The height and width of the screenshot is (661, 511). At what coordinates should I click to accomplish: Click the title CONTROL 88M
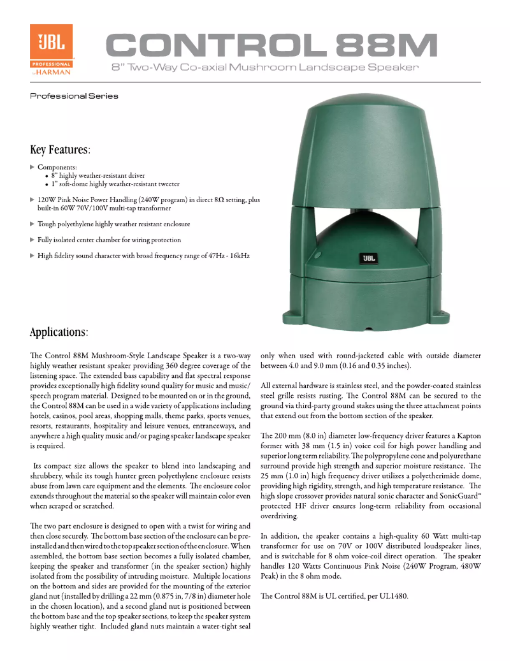(x=271, y=45)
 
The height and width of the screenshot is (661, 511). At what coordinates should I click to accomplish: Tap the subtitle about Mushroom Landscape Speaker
(x=265, y=67)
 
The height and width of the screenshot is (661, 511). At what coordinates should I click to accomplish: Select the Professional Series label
(x=74, y=96)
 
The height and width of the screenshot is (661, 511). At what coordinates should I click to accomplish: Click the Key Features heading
(x=60, y=150)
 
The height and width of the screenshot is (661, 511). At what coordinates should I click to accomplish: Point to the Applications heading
(x=59, y=333)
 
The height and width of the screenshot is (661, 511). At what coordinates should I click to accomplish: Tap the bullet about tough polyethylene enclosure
(x=113, y=224)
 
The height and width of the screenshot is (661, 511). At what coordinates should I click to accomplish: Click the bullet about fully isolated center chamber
(x=109, y=240)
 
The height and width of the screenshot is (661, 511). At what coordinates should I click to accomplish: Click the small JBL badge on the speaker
(x=369, y=258)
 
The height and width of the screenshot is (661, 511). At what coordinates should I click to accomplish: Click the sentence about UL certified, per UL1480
(x=334, y=596)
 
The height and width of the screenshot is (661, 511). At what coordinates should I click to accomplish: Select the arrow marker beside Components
(x=32, y=167)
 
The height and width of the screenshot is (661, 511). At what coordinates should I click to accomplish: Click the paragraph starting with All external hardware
(x=371, y=401)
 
